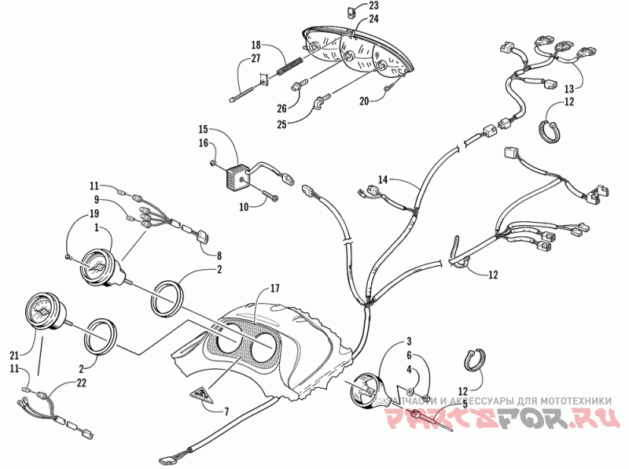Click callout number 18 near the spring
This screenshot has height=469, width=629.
256,45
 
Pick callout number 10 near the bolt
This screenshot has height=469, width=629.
244,206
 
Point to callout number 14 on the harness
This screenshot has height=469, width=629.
384,180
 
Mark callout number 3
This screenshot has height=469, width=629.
409,341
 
